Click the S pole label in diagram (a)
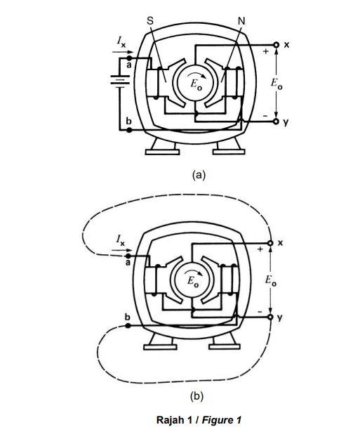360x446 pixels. tap(150, 21)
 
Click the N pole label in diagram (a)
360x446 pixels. tap(241, 21)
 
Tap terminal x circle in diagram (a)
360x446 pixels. tap(276, 45)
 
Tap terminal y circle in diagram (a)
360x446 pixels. tap(276, 122)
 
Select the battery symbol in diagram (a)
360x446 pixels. tap(120, 80)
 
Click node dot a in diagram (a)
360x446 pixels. tap(129, 58)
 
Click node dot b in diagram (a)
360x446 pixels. tap(129, 130)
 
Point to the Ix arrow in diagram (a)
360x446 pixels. tap(123, 52)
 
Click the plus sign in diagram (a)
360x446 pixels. tap(266, 51)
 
